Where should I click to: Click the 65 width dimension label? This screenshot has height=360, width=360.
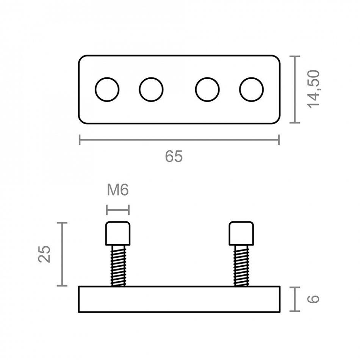click(174, 157)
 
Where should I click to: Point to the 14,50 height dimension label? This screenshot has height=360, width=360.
click(314, 89)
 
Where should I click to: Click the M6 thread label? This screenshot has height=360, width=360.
click(118, 190)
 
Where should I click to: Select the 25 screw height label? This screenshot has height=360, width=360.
click(44, 254)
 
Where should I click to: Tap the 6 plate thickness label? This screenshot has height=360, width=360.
click(313, 299)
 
